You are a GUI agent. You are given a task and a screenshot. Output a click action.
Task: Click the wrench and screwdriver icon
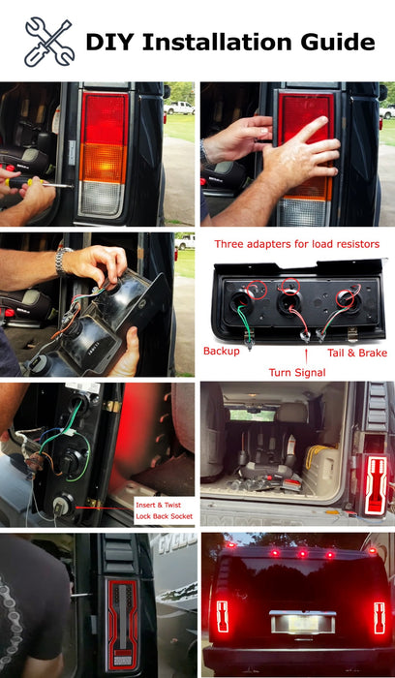pyautogui.click(x=48, y=42)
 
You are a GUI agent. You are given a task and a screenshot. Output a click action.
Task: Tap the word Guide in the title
pyautogui.click(x=337, y=42)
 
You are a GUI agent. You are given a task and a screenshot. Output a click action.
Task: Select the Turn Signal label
pyautogui.click(x=297, y=371)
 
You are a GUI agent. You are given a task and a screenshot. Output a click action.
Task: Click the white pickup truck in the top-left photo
pyautogui.click(x=179, y=108)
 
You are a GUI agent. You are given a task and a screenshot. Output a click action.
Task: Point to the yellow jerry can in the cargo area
pyautogui.click(x=317, y=454)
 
